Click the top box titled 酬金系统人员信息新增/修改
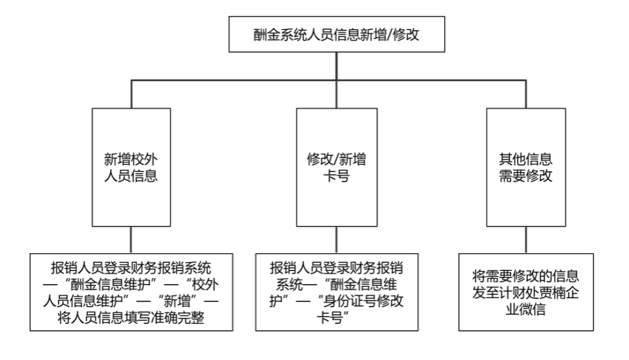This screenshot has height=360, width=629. (x=336, y=34)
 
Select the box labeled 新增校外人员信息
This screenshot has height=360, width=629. (x=131, y=167)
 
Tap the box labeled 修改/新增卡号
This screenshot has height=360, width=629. (x=336, y=167)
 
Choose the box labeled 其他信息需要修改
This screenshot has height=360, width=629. (x=526, y=167)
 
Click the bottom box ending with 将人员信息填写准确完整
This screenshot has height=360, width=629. (x=131, y=292)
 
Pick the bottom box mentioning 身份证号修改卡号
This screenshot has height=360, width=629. (x=336, y=292)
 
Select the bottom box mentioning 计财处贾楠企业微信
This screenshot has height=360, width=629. (x=526, y=292)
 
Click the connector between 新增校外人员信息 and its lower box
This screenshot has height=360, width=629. (x=131, y=240)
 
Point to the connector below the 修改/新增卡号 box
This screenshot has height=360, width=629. (x=336, y=240)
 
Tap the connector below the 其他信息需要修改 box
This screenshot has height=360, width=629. (x=526, y=240)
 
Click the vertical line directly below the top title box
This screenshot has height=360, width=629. (x=336, y=66)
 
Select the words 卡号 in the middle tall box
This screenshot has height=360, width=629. (x=336, y=176)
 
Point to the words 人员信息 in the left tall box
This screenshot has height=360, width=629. (x=131, y=176)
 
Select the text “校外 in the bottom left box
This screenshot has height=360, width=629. (x=202, y=284)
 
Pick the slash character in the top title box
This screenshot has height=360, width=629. (x=389, y=35)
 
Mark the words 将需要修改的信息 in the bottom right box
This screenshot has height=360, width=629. (x=526, y=276)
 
